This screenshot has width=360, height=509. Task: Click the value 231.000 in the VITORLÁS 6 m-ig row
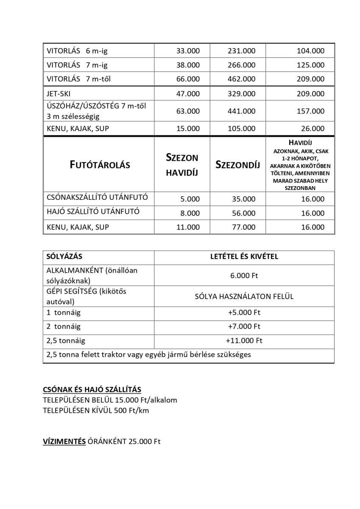[242, 51]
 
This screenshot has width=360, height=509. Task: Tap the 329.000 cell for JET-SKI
[242, 93]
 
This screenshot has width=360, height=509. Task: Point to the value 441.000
[242, 111]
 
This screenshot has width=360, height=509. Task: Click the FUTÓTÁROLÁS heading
[100, 165]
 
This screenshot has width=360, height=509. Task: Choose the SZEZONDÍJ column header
[237, 165]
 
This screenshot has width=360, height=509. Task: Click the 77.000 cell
[244, 227]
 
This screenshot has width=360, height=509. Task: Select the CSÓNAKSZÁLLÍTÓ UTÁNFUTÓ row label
[97, 198]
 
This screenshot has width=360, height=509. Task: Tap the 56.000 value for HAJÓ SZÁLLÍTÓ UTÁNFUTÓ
[244, 213]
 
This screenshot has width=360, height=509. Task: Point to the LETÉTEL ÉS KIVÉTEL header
[244, 257]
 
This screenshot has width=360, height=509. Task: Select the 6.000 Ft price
[244, 276]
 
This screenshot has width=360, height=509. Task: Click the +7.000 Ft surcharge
[244, 326]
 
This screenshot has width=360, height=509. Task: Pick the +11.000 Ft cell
[244, 340]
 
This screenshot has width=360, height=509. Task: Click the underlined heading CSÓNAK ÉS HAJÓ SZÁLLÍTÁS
[92, 389]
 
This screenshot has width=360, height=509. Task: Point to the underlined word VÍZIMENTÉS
[64, 442]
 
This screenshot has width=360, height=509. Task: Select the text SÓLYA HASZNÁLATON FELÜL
[244, 296]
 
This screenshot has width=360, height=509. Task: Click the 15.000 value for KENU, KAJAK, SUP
[188, 129]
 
